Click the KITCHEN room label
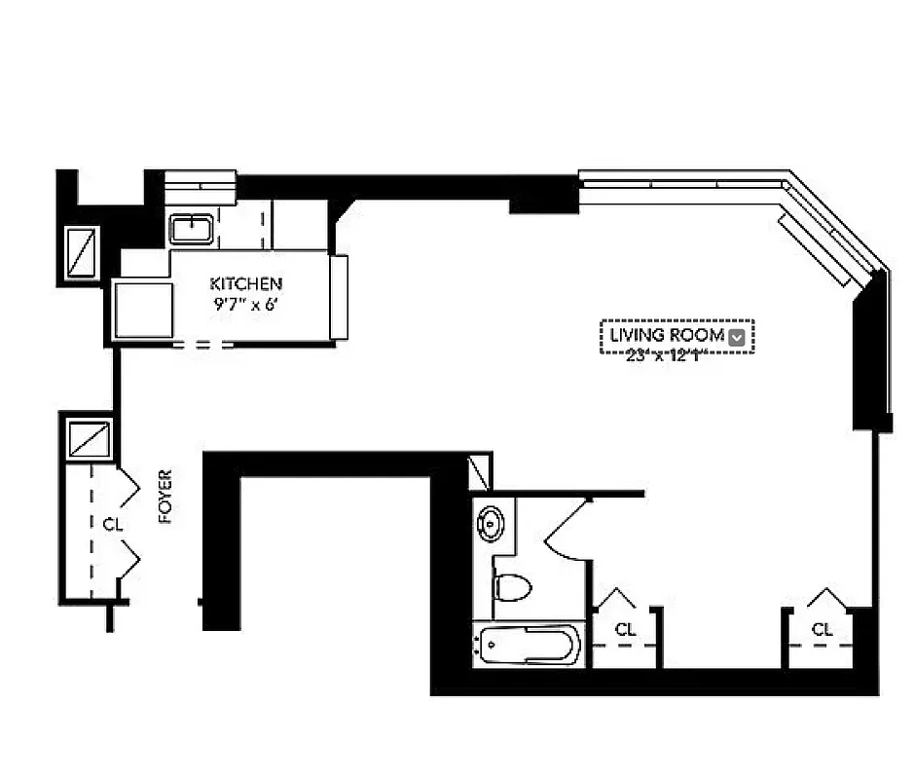tap(246, 283)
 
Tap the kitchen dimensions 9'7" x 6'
tap(246, 303)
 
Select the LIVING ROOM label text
tap(667, 336)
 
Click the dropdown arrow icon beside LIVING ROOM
tap(738, 337)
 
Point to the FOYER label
tap(165, 497)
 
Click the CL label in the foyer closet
tap(113, 524)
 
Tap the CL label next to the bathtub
tap(625, 630)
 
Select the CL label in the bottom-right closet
tap(823, 630)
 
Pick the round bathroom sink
tap(489, 524)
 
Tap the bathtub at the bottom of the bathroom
tap(529, 645)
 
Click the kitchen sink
tap(192, 230)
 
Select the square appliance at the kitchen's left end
tap(142, 309)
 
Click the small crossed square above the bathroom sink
tap(480, 473)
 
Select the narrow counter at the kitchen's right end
tap(339, 296)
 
